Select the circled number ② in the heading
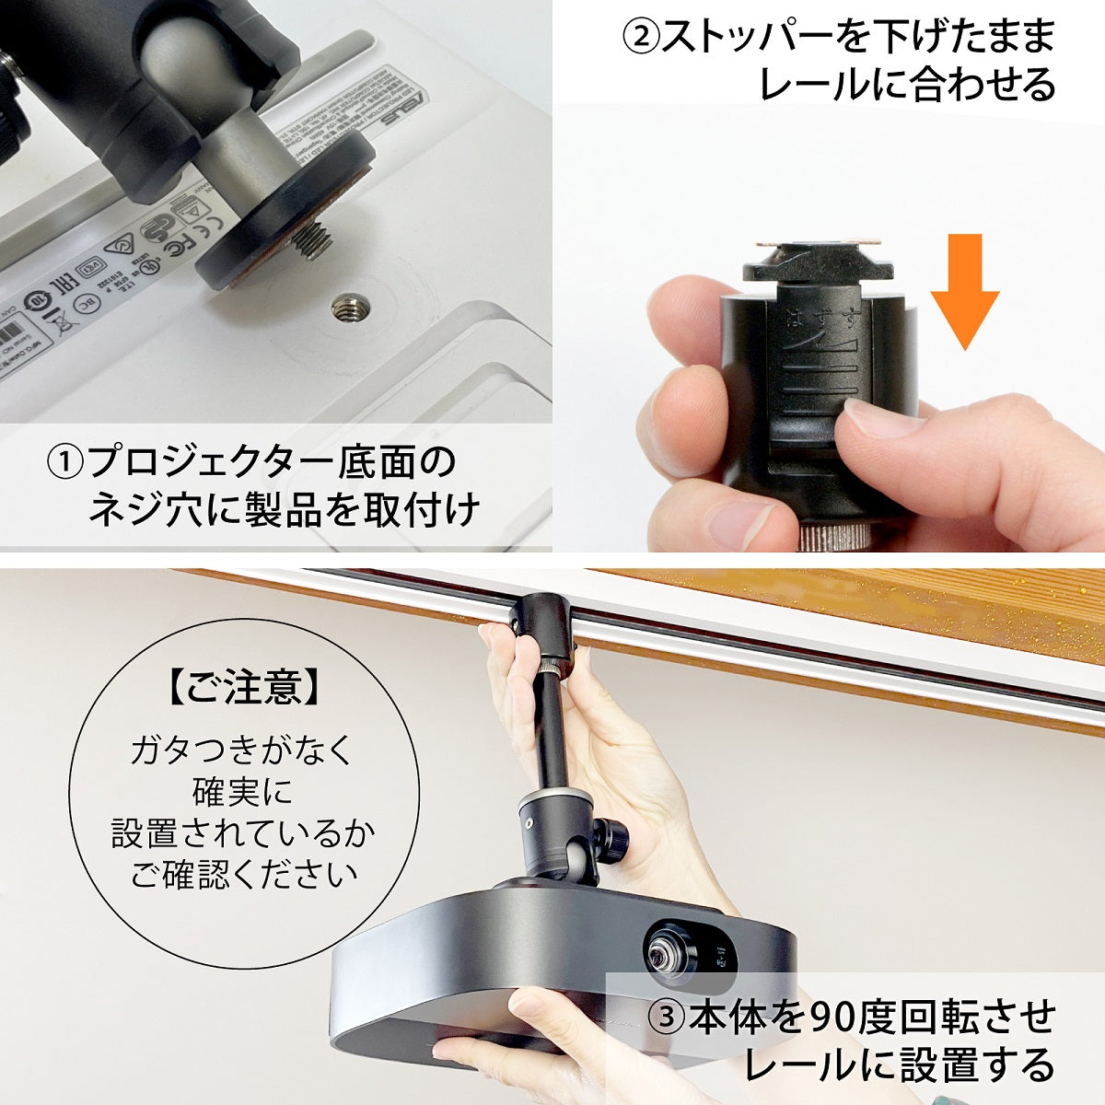click(642, 37)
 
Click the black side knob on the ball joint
click(611, 838)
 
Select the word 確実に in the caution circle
click(243, 792)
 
